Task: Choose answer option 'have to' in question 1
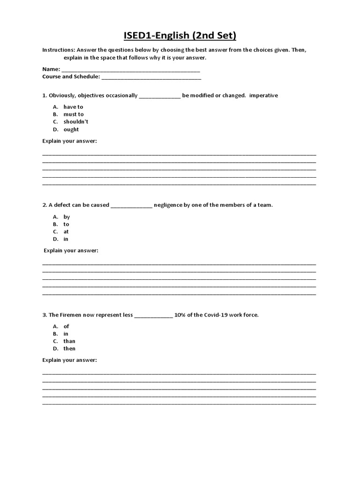click(73, 107)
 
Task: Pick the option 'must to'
click(74, 114)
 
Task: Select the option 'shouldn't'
click(76, 122)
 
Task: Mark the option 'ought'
click(71, 129)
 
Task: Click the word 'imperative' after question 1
click(263, 96)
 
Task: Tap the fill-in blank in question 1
click(160, 97)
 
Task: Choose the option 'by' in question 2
click(67, 217)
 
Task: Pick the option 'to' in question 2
click(66, 225)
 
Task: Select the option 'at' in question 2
click(66, 232)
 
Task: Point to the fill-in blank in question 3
click(154, 316)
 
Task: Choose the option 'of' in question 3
click(66, 326)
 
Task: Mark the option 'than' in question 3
click(69, 341)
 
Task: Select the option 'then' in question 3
click(69, 349)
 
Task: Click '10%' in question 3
click(180, 315)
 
